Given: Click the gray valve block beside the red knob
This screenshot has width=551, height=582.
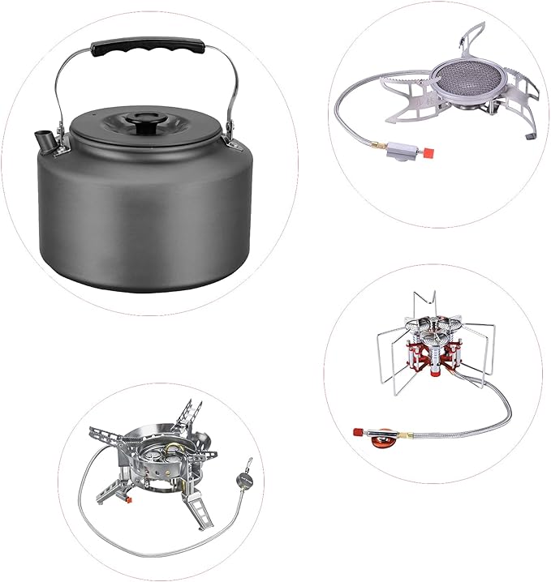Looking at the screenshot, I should point(399,151).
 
